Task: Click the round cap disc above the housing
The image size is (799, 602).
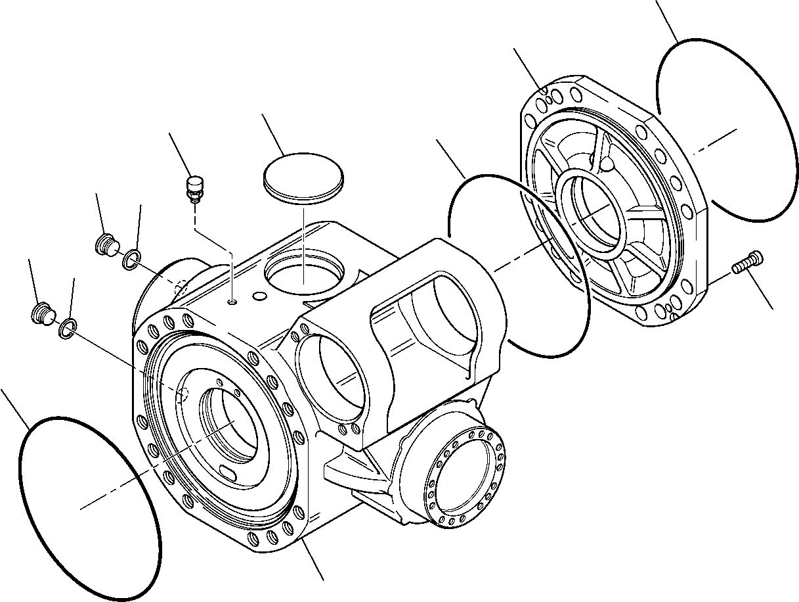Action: point(303,174)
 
